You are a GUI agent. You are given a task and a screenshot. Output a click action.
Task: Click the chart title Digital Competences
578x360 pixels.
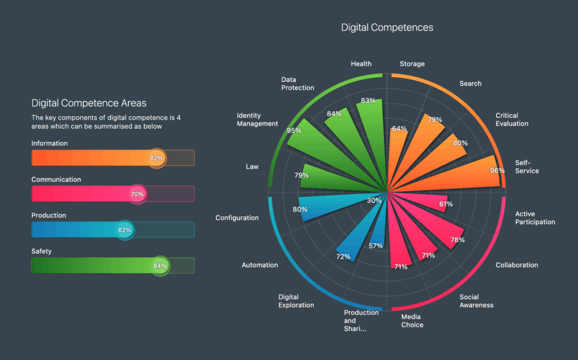pos(387,27)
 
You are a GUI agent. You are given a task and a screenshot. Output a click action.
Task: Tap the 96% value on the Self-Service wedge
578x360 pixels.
pos(497,170)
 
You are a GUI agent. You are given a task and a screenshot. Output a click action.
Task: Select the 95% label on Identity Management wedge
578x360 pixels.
pos(294,130)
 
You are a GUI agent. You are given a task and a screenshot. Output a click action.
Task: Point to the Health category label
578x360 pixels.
pos(361,64)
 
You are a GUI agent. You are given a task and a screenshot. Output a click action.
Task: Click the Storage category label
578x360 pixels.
pos(412,64)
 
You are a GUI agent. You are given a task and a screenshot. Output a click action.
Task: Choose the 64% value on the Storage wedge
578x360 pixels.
pos(399,129)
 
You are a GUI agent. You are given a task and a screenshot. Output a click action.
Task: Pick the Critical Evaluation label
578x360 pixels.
pos(512,120)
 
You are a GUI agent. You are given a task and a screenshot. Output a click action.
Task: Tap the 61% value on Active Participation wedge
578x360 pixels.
pos(446,204)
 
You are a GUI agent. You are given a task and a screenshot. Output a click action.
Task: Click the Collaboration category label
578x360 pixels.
pos(516,265)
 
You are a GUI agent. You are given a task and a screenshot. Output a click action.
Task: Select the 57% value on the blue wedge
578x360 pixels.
pos(376,245)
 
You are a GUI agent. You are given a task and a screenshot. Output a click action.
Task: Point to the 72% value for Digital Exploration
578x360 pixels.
pos(344,257)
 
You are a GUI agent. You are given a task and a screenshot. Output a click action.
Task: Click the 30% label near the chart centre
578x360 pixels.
pos(374,200)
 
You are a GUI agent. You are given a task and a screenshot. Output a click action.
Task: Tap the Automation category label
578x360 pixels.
pos(260,265)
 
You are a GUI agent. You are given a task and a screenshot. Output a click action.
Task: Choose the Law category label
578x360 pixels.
pos(252,166)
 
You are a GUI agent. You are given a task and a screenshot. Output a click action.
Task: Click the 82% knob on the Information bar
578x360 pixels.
pos(156,158)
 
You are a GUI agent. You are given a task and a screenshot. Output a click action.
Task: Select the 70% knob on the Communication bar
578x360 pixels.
pos(137,194)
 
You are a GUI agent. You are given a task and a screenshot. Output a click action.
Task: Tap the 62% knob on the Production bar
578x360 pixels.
pos(125,230)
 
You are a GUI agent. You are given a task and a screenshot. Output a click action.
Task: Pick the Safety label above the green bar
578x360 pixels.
pos(42,251)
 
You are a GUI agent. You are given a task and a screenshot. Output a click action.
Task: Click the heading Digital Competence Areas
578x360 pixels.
pos(89,103)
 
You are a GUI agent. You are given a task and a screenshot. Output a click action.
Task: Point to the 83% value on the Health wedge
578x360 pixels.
pos(368,100)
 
